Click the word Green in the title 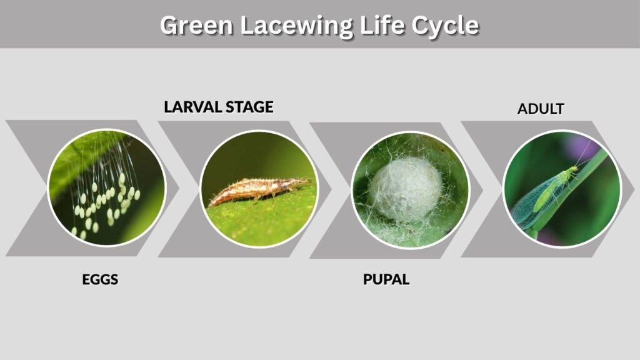point(196,25)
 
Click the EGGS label point(100,279)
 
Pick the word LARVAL point(192,107)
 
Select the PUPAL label point(386,279)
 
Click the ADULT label point(541,109)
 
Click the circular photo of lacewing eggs point(106,187)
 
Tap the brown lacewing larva point(259,190)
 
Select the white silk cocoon point(406,189)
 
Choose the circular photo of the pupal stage point(410,190)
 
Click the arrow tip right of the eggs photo point(178,188)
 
